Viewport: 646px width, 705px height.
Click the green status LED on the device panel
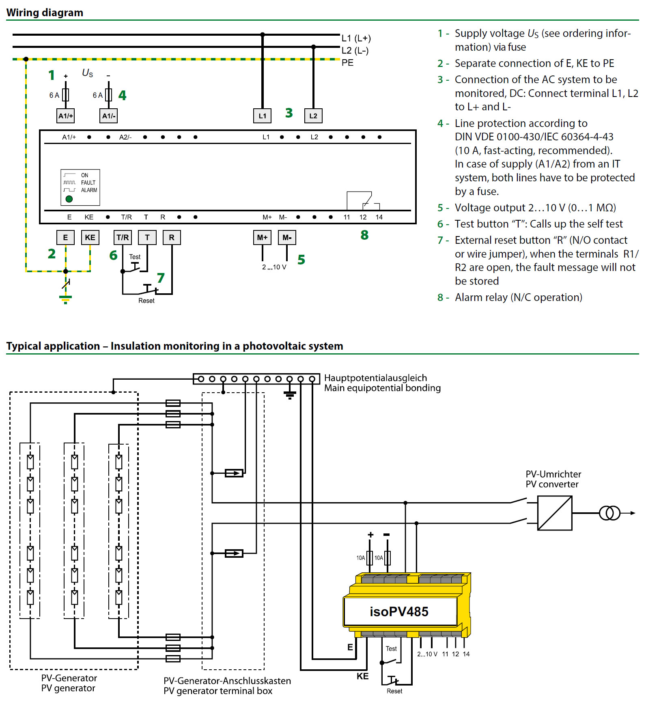click(x=69, y=199)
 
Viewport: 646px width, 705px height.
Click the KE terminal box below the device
click(x=90, y=237)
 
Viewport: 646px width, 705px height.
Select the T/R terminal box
click(x=123, y=237)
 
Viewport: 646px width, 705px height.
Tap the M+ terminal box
click(x=262, y=237)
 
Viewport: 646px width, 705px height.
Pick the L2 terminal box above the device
click(x=313, y=116)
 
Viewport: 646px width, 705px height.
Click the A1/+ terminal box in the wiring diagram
click(x=66, y=116)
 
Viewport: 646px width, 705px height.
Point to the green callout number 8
click(x=364, y=235)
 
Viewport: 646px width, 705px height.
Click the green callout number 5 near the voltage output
click(x=301, y=260)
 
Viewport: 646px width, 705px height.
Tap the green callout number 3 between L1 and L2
click(x=289, y=113)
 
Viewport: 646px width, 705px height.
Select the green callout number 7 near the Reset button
click(x=161, y=278)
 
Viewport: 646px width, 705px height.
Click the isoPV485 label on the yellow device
click(x=399, y=612)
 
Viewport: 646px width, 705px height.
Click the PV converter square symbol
click(x=555, y=513)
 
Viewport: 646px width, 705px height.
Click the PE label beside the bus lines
click(x=347, y=63)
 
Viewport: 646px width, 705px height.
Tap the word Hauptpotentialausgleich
click(x=375, y=378)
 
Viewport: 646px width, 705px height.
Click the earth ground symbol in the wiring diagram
click(x=65, y=299)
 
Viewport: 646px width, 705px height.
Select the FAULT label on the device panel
click(x=88, y=183)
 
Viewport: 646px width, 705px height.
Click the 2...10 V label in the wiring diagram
click(x=274, y=267)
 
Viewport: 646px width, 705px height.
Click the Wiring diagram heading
click(x=45, y=13)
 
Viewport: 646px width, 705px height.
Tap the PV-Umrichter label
click(x=553, y=474)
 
